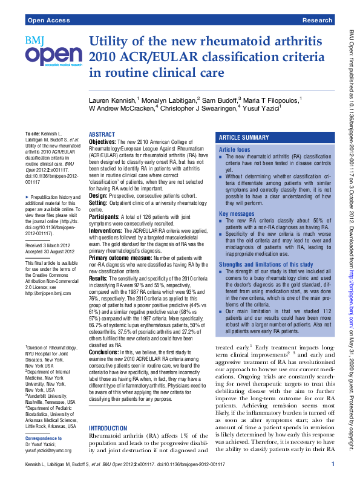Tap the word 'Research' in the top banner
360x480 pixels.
pyautogui.click(x=317, y=21)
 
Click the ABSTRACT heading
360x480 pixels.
pyautogui.click(x=101, y=134)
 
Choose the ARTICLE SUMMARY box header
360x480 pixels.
pyautogui.click(x=244, y=138)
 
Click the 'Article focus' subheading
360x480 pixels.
pyautogui.click(x=234, y=149)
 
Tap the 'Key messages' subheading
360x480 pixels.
pyautogui.click(x=237, y=214)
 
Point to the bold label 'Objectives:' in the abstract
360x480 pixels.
pyautogui.click(x=103, y=141)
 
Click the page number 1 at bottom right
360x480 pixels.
pyautogui.click(x=333, y=463)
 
